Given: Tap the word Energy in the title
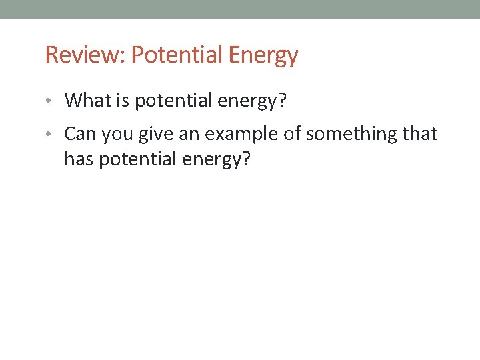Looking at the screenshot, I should tap(263, 55).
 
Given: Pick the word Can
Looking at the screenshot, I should tap(79, 134).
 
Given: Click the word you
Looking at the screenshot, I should tap(115, 135).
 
